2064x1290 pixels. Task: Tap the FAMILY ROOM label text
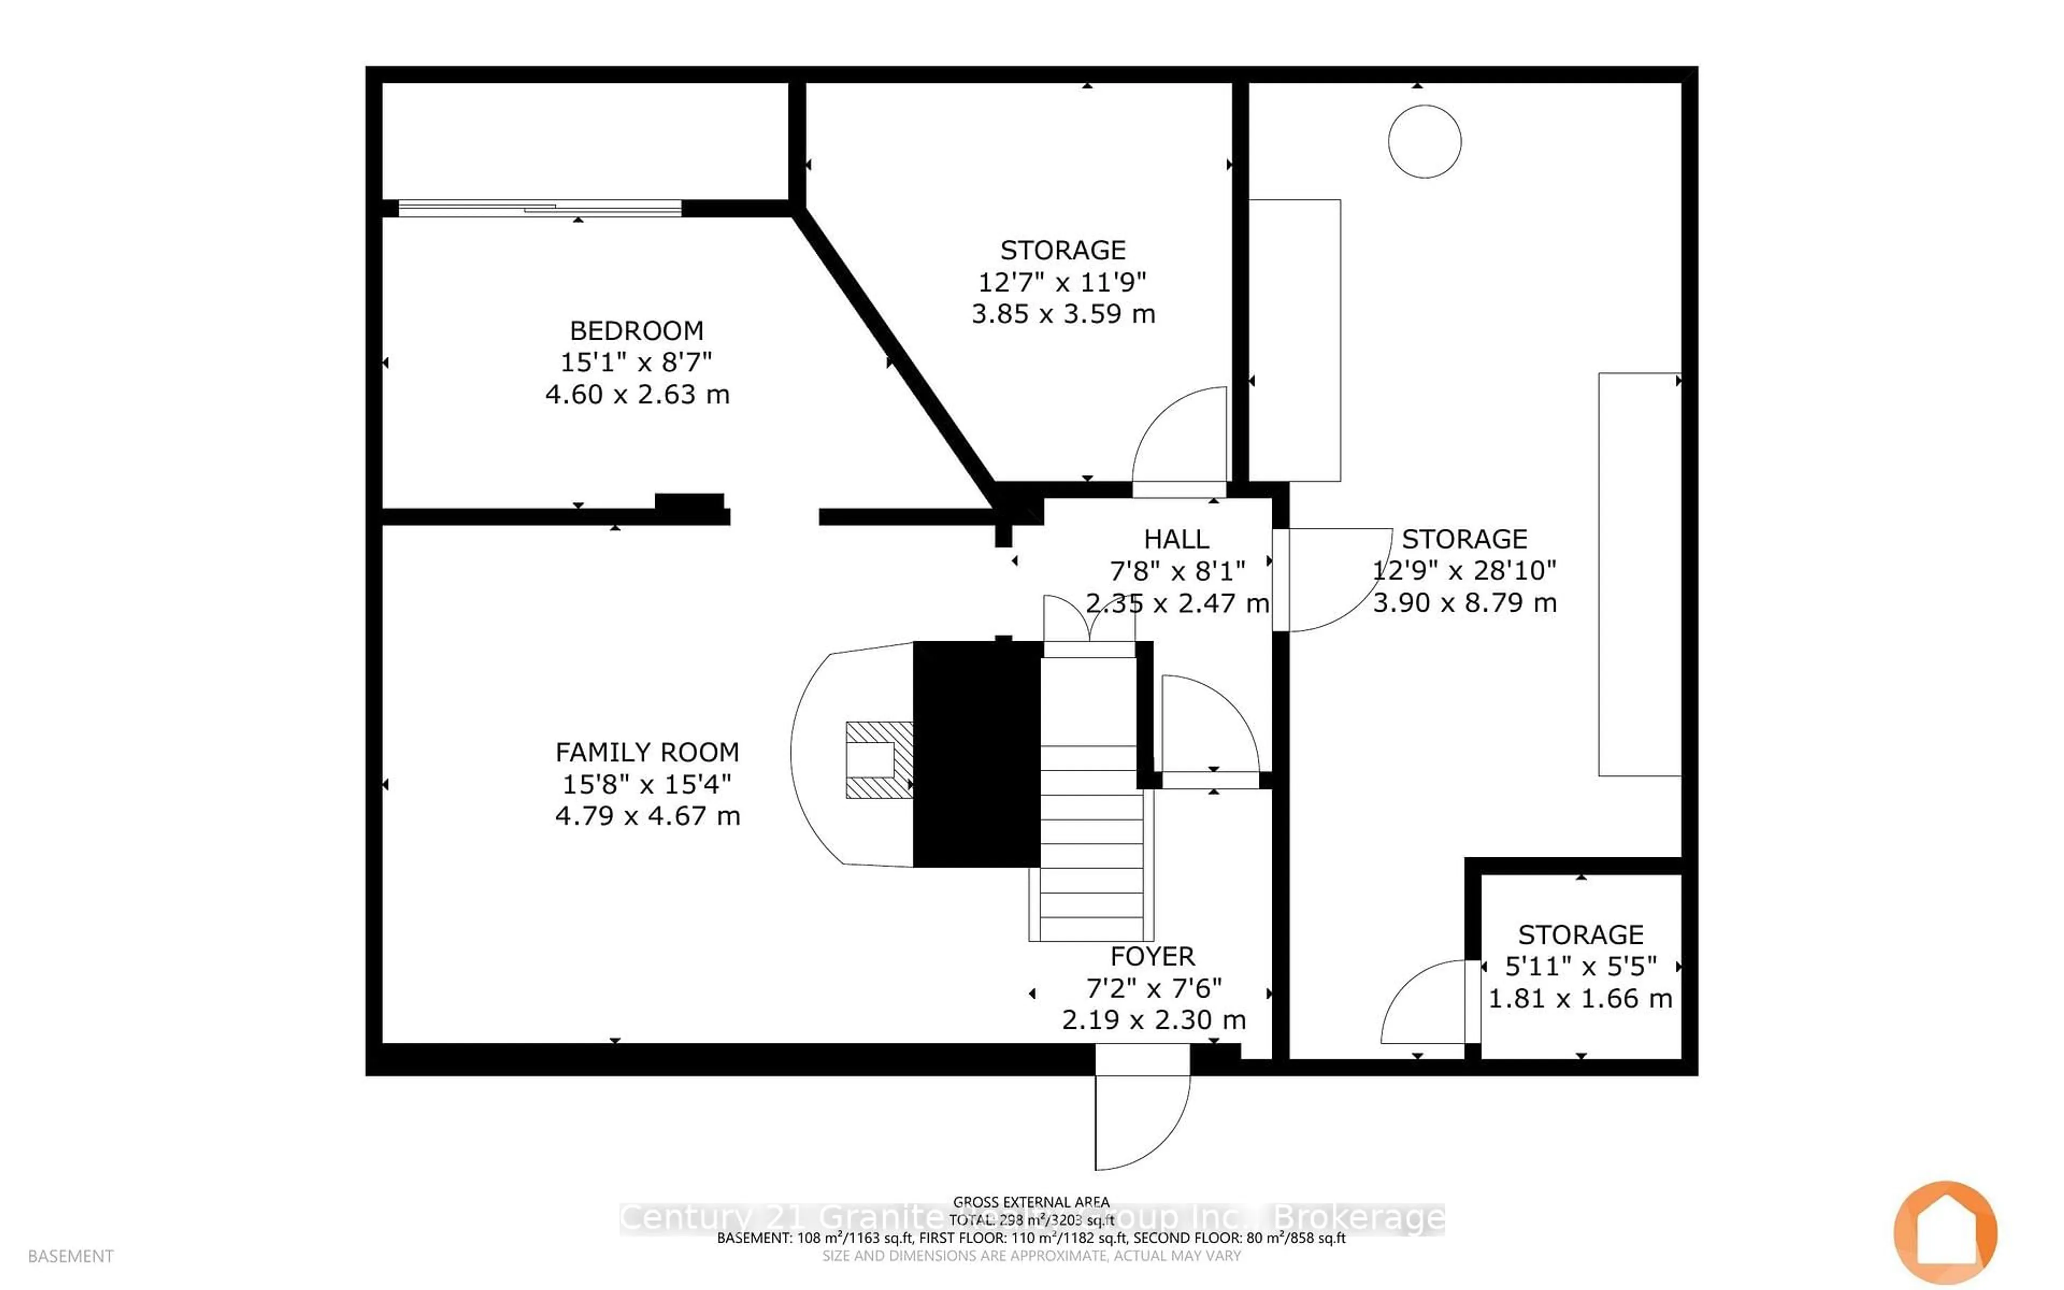click(647, 752)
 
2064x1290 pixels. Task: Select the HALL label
click(1176, 539)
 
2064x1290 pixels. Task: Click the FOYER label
click(1152, 956)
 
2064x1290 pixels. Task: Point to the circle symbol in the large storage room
click(1424, 141)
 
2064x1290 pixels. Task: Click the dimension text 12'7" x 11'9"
click(1062, 282)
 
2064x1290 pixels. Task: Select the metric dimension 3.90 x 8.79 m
click(1464, 603)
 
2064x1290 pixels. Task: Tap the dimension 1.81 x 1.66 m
click(1580, 998)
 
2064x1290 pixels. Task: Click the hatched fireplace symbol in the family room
click(878, 760)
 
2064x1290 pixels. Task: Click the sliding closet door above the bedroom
click(539, 207)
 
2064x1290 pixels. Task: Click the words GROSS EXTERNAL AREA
click(1030, 1202)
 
